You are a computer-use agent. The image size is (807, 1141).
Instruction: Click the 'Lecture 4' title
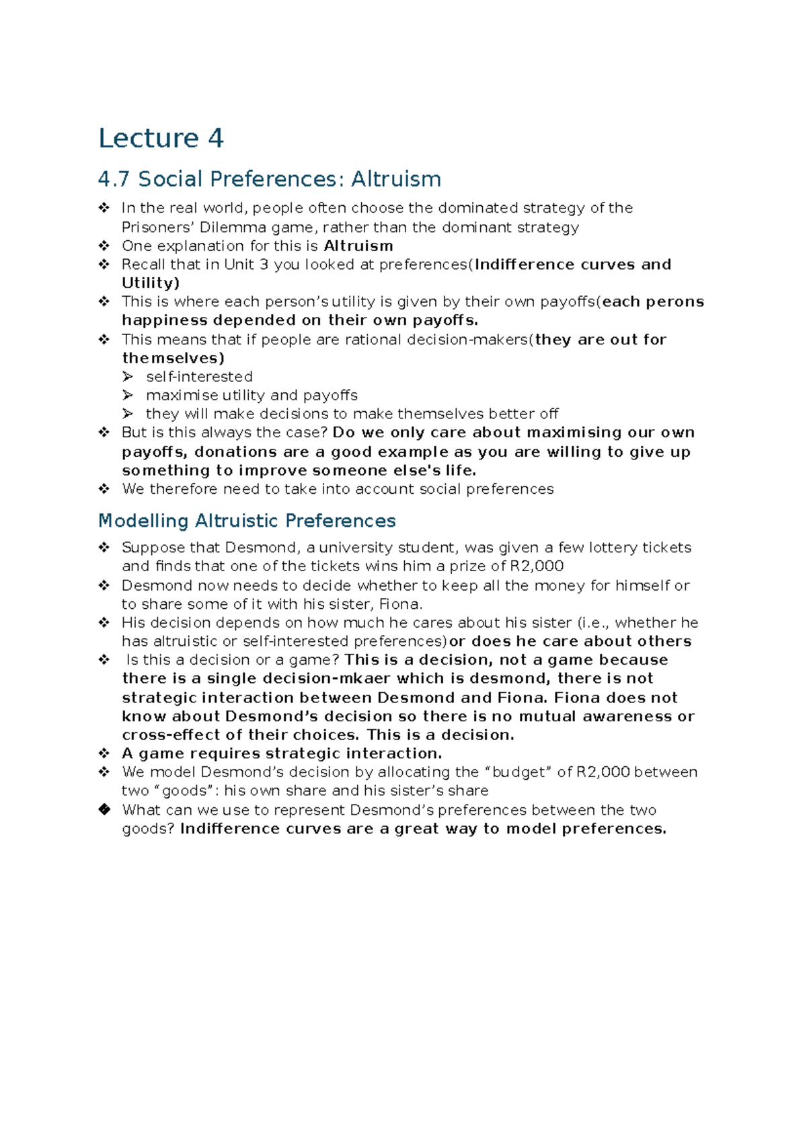pyautogui.click(x=161, y=139)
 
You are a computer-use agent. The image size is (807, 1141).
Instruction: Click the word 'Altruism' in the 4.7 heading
pyautogui.click(x=395, y=179)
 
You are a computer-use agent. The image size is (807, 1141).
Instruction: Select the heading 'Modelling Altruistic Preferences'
pyautogui.click(x=247, y=521)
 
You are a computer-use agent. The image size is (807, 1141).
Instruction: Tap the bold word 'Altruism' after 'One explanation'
pyautogui.click(x=358, y=246)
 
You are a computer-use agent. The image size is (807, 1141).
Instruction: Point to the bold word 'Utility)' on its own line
pyautogui.click(x=151, y=283)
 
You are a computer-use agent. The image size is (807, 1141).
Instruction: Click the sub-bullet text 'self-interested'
pyautogui.click(x=199, y=377)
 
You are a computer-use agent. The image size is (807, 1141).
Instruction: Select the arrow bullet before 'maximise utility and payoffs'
pyautogui.click(x=128, y=395)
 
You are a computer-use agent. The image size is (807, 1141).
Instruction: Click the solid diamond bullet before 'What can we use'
pyautogui.click(x=104, y=809)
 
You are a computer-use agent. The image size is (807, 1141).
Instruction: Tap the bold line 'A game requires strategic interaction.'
pyautogui.click(x=282, y=753)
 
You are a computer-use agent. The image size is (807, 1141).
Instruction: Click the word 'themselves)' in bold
pyautogui.click(x=173, y=358)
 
